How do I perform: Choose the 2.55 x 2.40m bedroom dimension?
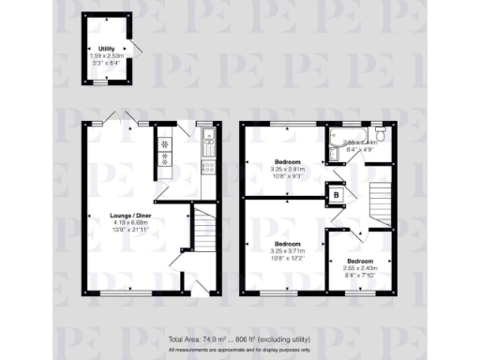pyautogui.click(x=360, y=267)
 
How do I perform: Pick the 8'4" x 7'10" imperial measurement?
pyautogui.click(x=360, y=274)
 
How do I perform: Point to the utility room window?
pyautogui.click(x=98, y=82)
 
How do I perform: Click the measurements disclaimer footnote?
pyautogui.click(x=239, y=350)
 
